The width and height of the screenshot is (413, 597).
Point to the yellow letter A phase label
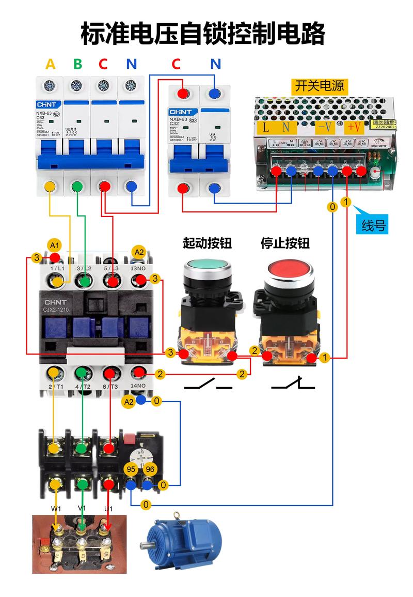(50, 64)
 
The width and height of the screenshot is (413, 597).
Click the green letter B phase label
(77, 64)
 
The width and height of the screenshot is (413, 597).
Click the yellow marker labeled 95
(130, 469)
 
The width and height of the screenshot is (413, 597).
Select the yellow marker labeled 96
(150, 469)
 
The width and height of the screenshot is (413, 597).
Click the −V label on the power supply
(325, 127)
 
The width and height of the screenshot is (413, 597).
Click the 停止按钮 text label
(285, 242)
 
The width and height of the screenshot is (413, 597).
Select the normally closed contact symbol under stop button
(293, 384)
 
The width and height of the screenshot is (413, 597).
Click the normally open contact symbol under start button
(208, 385)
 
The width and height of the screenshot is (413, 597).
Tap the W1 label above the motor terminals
(56, 509)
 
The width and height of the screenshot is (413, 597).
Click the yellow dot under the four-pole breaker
(50, 186)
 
